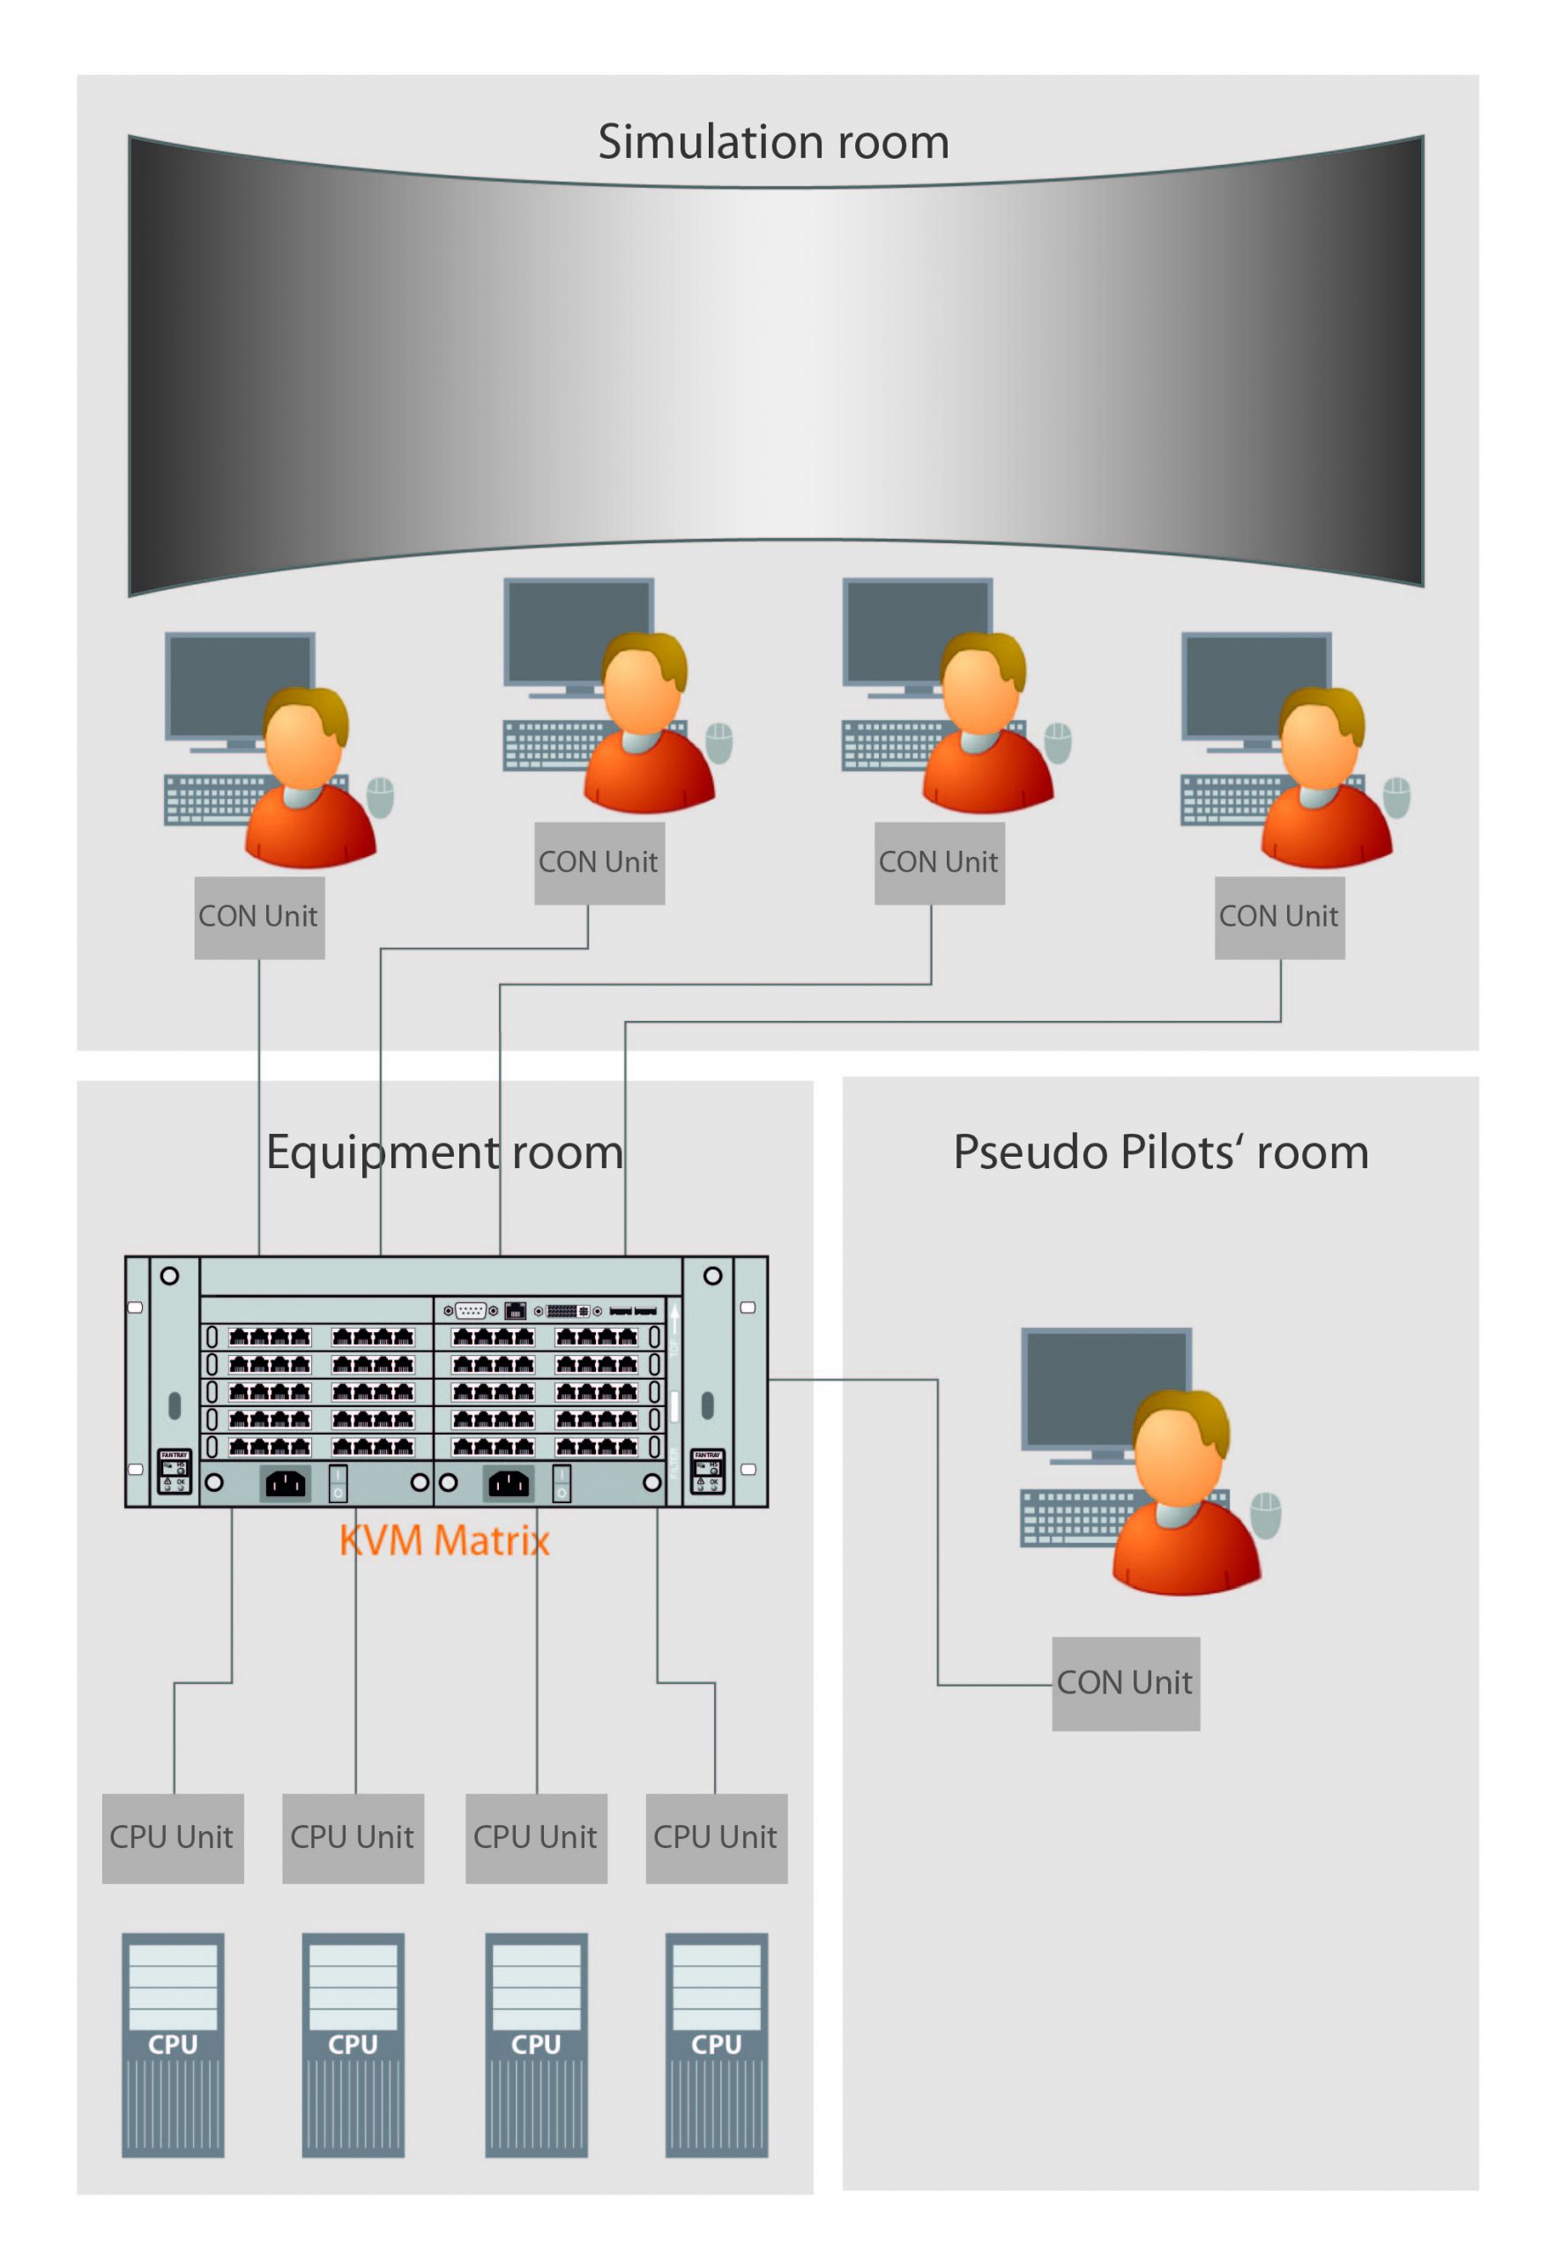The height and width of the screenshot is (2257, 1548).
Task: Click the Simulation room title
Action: pos(773,143)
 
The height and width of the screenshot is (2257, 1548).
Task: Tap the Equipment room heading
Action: pos(445,1153)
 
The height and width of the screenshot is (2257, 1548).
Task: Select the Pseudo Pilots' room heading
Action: pos(1160,1153)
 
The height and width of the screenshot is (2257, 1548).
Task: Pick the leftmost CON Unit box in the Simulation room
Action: pos(259,918)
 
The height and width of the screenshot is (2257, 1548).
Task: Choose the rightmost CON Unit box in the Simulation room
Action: pos(1279,918)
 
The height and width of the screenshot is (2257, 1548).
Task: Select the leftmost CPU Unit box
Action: pos(173,1837)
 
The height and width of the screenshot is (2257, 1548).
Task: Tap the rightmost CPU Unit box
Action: pos(716,1837)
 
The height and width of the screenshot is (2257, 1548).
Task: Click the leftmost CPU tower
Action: pos(173,2045)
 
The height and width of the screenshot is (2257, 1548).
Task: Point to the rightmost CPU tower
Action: pos(716,2045)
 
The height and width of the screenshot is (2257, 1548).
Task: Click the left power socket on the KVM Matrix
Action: pos(286,1483)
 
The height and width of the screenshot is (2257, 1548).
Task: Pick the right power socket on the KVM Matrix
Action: pos(508,1483)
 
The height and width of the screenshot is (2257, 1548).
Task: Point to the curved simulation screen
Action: pos(775,360)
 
